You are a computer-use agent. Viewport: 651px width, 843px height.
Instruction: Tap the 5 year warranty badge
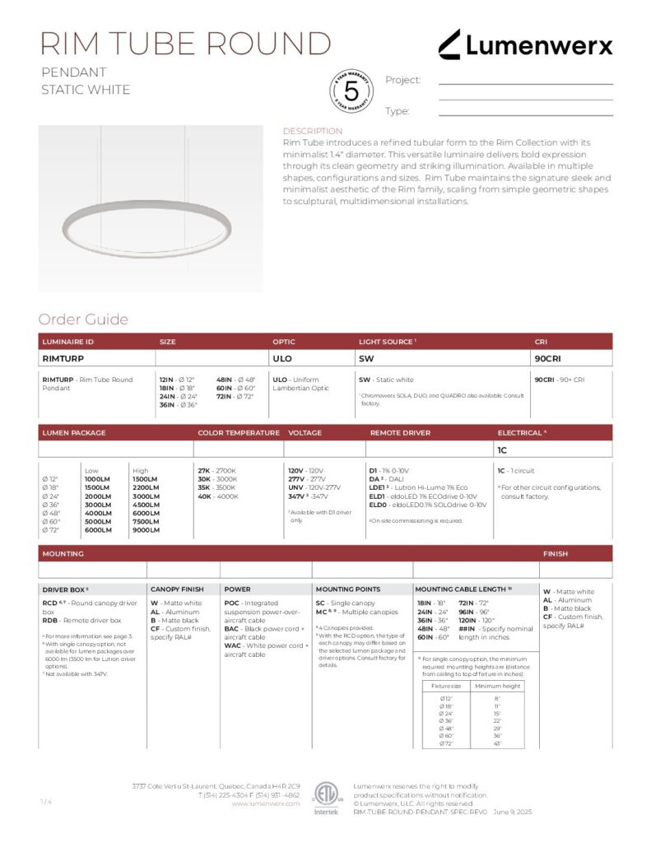coord(351,91)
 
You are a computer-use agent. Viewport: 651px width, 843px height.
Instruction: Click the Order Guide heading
coord(83,319)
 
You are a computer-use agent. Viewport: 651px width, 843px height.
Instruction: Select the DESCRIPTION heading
coord(312,131)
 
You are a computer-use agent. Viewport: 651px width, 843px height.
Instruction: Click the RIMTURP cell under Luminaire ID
coord(63,358)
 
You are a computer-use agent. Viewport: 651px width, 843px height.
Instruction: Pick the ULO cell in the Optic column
coord(281,358)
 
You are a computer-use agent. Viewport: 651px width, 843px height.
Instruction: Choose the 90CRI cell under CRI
coord(547,358)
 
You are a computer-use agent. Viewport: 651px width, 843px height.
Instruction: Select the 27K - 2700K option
coord(216,471)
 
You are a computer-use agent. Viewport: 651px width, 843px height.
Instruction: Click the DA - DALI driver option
coord(386,479)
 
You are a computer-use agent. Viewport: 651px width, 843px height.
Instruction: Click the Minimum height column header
coord(499,685)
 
